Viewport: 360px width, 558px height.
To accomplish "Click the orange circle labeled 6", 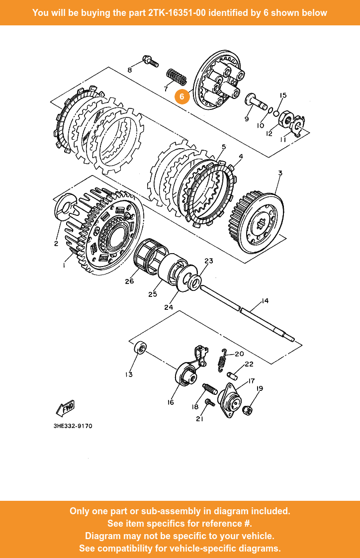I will click(x=182, y=96).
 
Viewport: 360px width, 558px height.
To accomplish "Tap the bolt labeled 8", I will click(x=149, y=61).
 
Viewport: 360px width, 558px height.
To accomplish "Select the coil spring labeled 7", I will click(x=176, y=76).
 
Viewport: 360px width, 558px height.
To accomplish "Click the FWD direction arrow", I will click(x=65, y=408).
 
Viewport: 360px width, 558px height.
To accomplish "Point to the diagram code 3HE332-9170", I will click(x=73, y=426).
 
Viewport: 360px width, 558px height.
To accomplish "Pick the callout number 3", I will click(x=280, y=174).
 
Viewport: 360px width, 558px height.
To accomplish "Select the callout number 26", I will click(x=129, y=281).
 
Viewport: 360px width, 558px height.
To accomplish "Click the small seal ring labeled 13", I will click(x=140, y=348).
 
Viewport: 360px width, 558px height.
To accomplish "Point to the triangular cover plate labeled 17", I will click(x=230, y=399).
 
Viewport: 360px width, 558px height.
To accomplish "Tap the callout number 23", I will click(x=208, y=261).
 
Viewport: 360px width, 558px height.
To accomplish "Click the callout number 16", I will click(x=171, y=402).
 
